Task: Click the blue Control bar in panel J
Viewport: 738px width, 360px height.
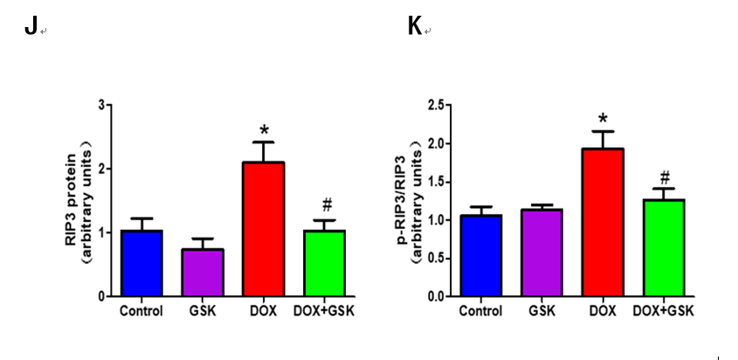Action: click(x=141, y=263)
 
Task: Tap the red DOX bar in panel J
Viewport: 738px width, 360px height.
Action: click(x=264, y=229)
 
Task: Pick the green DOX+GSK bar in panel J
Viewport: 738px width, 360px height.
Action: click(x=326, y=263)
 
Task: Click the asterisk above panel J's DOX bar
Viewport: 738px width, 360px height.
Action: click(x=264, y=131)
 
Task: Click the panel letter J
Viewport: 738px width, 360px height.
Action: click(x=31, y=28)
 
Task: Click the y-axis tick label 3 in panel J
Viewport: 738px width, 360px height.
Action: click(x=101, y=105)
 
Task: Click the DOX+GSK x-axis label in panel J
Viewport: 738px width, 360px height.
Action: click(x=327, y=310)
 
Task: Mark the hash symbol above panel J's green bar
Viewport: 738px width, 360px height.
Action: click(x=327, y=206)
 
